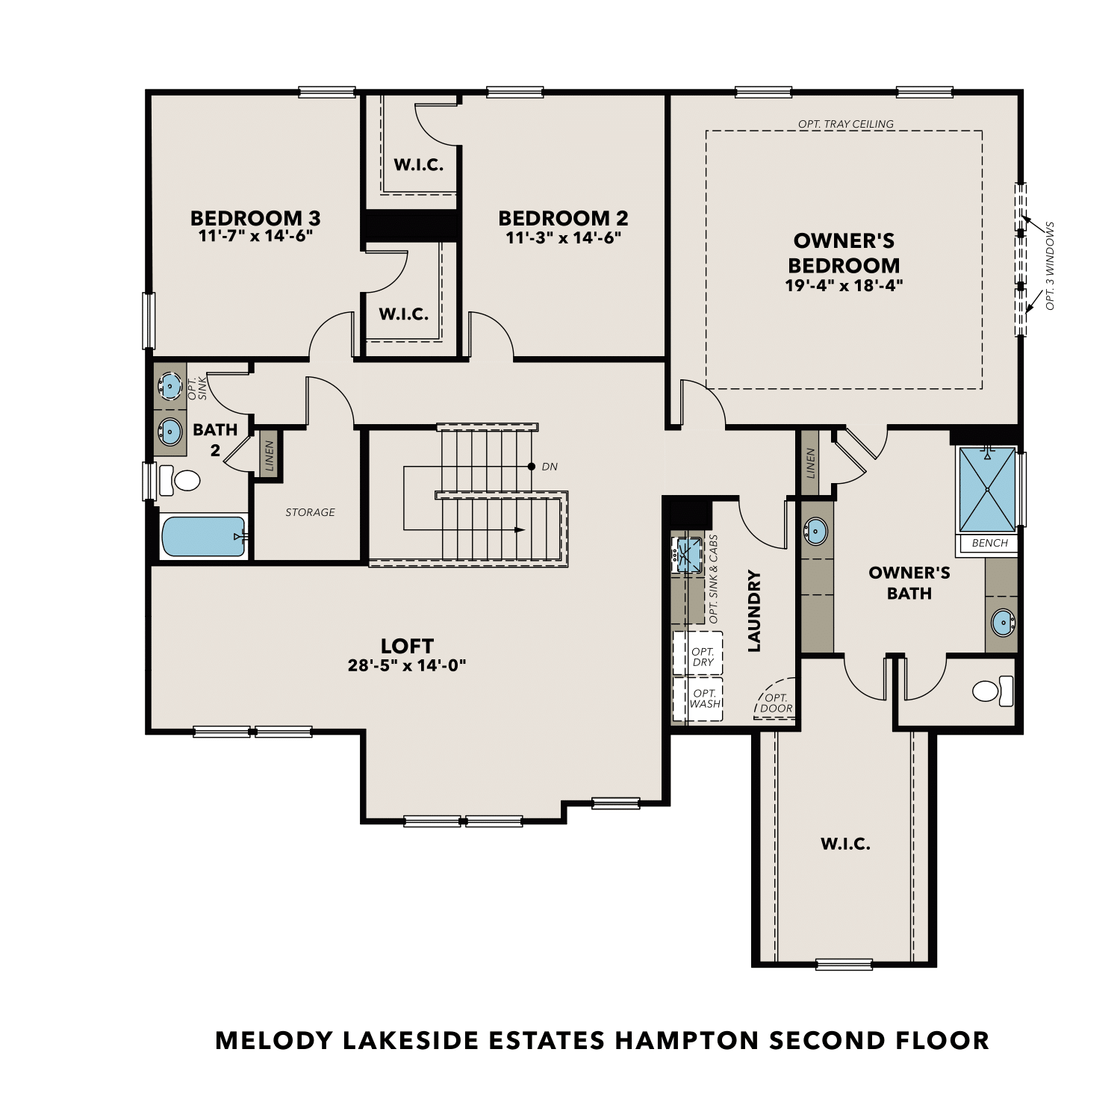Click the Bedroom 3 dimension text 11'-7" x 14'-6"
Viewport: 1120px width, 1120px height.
(x=255, y=237)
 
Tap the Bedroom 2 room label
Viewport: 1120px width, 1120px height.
(x=563, y=218)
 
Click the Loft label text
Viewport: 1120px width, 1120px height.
(x=407, y=646)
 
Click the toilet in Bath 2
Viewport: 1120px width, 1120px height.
(x=180, y=479)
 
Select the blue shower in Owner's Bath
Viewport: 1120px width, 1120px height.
(x=987, y=489)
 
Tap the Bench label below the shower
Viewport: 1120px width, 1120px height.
(x=989, y=543)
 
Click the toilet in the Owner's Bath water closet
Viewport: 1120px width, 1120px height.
(x=994, y=691)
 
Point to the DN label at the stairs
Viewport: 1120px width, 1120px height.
(x=550, y=467)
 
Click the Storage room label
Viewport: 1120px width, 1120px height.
(x=310, y=512)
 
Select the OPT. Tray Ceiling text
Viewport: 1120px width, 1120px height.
(x=845, y=124)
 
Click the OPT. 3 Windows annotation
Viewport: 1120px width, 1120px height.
(x=1050, y=265)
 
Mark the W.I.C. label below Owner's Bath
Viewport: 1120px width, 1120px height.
(x=845, y=844)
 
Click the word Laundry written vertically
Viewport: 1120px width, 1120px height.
(x=754, y=611)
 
